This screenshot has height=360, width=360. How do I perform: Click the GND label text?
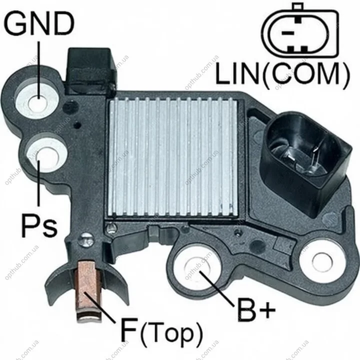[x=39, y=23]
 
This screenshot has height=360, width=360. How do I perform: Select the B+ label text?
[x=256, y=309]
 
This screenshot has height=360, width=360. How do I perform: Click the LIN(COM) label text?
[x=282, y=74]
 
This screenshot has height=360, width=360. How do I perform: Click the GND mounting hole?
[x=37, y=101]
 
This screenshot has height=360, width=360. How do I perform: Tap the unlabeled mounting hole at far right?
[x=322, y=261]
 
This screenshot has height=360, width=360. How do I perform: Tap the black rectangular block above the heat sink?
[x=90, y=71]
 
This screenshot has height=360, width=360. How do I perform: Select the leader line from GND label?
[x=39, y=70]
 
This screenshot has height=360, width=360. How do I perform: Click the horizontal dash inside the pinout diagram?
[x=288, y=33]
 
